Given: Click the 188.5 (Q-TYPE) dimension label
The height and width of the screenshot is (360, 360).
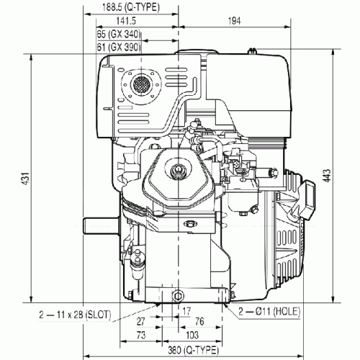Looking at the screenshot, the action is (x=131, y=7).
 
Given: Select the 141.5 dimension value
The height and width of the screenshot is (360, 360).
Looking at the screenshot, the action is (x=126, y=21).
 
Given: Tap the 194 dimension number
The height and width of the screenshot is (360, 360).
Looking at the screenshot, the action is (x=234, y=21).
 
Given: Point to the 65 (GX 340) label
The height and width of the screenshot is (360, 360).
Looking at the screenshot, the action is (x=119, y=35).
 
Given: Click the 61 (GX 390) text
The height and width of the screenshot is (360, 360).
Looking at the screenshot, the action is (x=119, y=47).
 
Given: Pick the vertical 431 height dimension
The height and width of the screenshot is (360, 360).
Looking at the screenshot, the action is (x=26, y=179).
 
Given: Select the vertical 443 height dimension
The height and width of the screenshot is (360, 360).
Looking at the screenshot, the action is (x=327, y=176).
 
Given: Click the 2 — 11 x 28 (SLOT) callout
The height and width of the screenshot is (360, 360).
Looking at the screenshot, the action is (x=75, y=315).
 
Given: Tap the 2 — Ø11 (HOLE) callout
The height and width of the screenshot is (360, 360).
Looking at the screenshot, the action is (x=269, y=312).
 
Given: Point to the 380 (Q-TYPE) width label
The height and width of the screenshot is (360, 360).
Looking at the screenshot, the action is (x=193, y=351).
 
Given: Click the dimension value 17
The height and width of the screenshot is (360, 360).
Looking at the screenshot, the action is (x=186, y=311).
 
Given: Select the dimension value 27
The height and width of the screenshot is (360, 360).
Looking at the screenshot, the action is (x=141, y=322).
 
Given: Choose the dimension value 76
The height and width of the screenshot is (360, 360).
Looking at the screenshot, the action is (x=199, y=321).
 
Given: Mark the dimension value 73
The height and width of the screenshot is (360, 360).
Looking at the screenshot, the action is (x=141, y=335).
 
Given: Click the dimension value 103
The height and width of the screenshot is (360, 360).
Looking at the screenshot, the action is (x=192, y=335).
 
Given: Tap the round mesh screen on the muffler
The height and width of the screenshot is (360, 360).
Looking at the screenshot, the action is (x=141, y=84).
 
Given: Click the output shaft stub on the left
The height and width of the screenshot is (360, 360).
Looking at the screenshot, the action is (x=102, y=225).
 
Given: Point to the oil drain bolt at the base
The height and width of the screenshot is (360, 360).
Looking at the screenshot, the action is (x=178, y=296).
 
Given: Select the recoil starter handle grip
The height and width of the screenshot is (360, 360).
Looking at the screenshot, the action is (x=308, y=199).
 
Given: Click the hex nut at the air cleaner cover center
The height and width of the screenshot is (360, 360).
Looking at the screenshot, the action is (x=178, y=170).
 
